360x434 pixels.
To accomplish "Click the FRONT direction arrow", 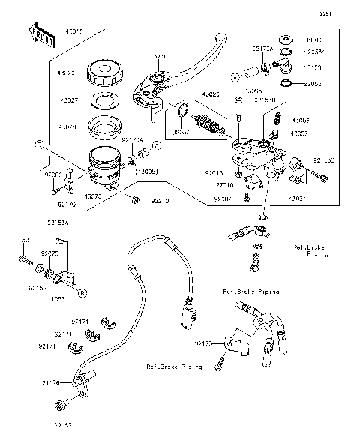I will coord(42,34).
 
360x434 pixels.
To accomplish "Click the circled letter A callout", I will coord(157,145).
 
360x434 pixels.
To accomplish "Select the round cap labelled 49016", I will coord(286,40).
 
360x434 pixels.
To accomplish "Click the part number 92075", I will coord(49,253).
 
